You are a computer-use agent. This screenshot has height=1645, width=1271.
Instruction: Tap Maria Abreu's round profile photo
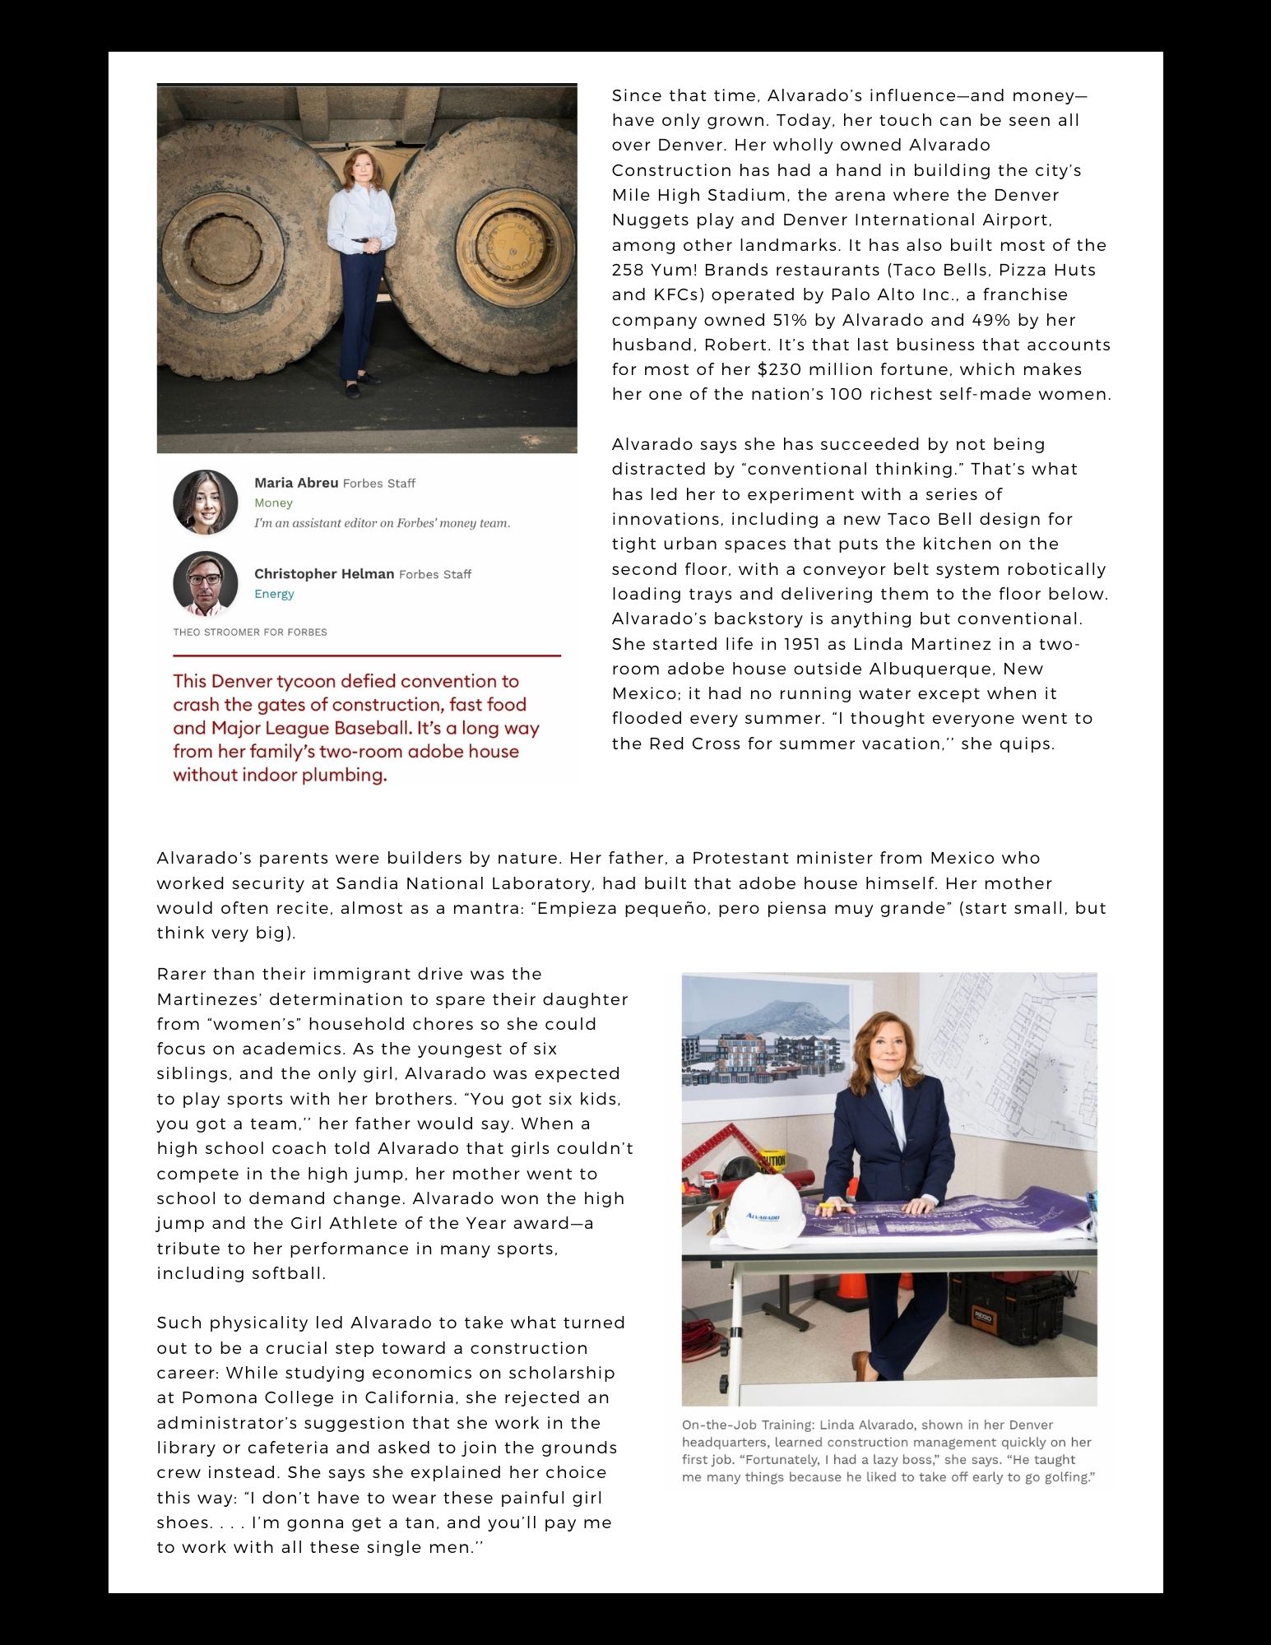tap(206, 503)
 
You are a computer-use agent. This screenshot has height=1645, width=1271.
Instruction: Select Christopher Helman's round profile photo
tap(206, 583)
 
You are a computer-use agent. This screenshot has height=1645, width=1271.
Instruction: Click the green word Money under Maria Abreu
tap(273, 503)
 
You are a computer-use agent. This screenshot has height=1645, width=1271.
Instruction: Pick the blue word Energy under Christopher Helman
tap(274, 594)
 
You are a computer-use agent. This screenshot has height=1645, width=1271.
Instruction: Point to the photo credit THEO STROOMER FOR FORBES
tap(250, 633)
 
